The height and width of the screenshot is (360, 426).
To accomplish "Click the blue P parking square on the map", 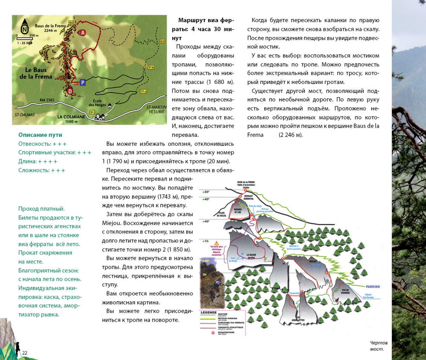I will [x=83, y=83].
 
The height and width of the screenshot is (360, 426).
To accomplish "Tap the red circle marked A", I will [x=83, y=33].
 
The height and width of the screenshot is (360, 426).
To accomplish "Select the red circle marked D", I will [x=70, y=91].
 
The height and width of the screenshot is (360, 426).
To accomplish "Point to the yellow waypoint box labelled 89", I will [x=162, y=41].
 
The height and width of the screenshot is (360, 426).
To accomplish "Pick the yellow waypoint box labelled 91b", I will [x=151, y=67].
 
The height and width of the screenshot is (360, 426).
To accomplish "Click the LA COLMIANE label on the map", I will [x=71, y=117].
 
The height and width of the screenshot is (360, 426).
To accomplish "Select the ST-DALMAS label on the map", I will [x=25, y=115].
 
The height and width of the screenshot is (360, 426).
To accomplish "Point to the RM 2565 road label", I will [x=47, y=100].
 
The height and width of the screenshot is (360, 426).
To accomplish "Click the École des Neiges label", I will [x=97, y=103].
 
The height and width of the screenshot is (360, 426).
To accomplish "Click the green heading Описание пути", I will [x=40, y=135].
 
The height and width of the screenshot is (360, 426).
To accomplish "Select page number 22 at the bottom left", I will [x=25, y=353].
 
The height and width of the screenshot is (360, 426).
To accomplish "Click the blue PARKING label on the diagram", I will [x=373, y=287].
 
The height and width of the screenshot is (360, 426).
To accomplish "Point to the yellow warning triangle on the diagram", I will [x=216, y=243].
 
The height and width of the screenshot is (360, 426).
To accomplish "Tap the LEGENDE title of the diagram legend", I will [x=208, y=312].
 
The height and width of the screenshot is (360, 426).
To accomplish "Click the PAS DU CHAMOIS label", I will [x=345, y=291].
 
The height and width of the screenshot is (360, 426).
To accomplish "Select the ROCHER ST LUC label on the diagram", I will [x=238, y=211].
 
